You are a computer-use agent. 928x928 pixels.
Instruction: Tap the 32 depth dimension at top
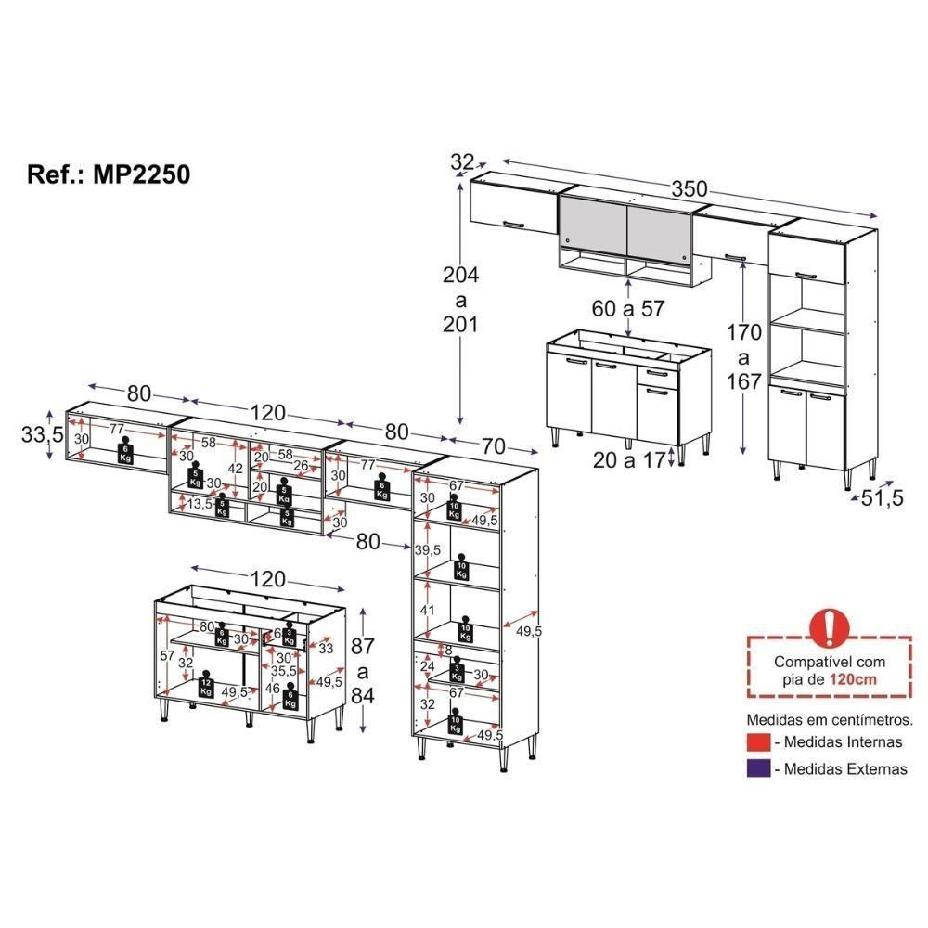pyautogui.click(x=462, y=162)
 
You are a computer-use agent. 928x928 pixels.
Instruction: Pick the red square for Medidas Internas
pyautogui.click(x=758, y=741)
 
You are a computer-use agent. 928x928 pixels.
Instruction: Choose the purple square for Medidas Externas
pyautogui.click(x=758, y=768)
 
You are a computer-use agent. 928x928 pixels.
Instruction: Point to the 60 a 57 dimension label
pyautogui.click(x=629, y=309)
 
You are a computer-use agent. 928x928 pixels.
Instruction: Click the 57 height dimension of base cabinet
pyautogui.click(x=167, y=655)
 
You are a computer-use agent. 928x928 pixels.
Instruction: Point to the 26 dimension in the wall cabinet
pyautogui.click(x=301, y=465)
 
